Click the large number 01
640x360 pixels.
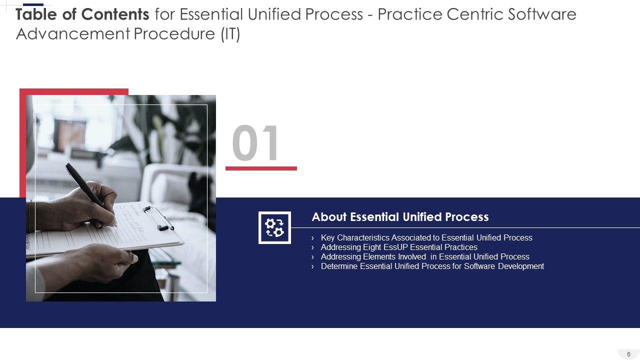[x=255, y=142]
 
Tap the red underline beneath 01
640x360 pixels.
[x=261, y=168]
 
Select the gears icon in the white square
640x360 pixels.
[x=274, y=227]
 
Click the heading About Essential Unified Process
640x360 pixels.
[x=400, y=217]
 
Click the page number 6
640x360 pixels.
[x=628, y=354]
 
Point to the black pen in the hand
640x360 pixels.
[x=85, y=185]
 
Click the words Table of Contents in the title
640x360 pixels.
[x=82, y=14]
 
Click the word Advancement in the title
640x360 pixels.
[x=73, y=33]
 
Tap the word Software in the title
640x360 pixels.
[x=542, y=14]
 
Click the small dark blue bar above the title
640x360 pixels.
[x=33, y=4]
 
